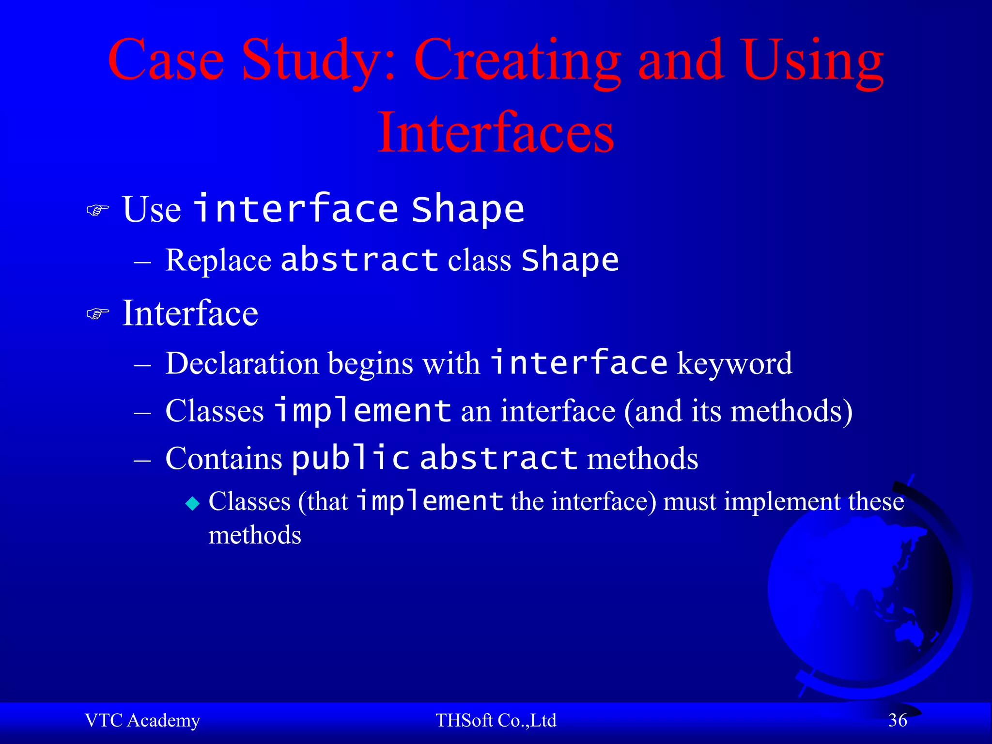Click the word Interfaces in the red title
coord(496,132)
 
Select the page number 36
coord(898,720)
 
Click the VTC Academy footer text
coord(142,720)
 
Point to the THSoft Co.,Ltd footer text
coord(496,720)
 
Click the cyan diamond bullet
coord(192,504)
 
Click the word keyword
coord(734,363)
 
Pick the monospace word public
coord(351,458)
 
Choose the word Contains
coord(223,458)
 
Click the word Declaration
coord(242,363)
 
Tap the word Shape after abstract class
coord(570,261)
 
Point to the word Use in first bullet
coord(152,209)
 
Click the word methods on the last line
coord(255,535)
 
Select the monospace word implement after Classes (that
coord(430,501)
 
